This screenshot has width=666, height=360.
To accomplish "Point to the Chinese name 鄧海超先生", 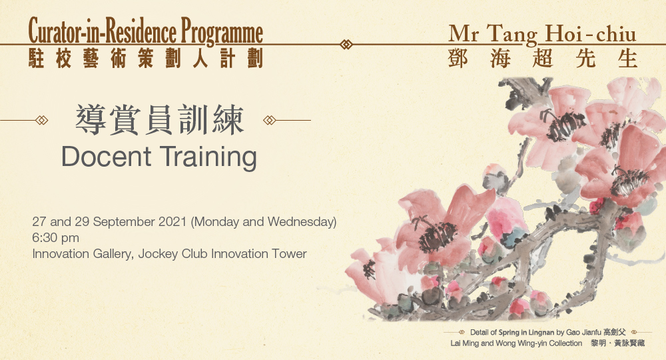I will (x=543, y=59).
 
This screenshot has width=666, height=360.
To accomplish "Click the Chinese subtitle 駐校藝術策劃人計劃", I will (x=146, y=57).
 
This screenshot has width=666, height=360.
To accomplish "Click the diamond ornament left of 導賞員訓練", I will (x=42, y=121).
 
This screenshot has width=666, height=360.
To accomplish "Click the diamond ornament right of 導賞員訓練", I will (x=270, y=121).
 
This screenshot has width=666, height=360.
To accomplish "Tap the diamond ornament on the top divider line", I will (x=346, y=45).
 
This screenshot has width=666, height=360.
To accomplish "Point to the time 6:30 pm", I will (x=56, y=237).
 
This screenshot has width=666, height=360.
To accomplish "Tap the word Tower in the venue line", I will (x=290, y=253).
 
